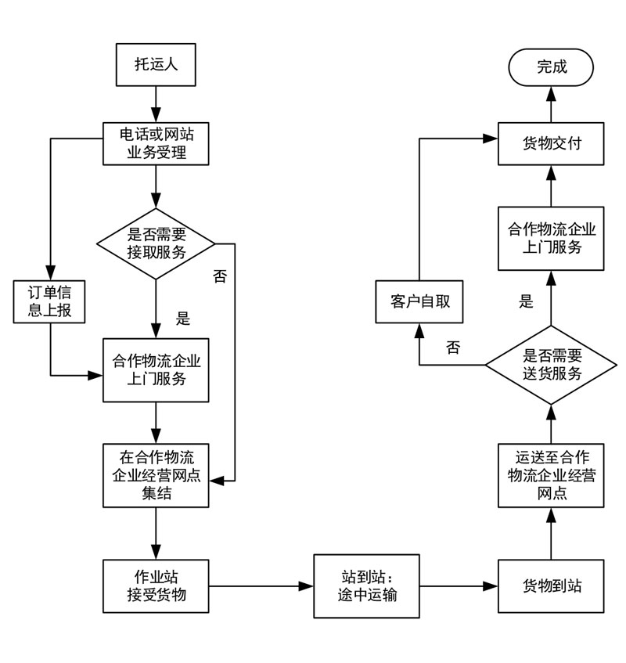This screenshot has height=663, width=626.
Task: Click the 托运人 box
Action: tap(156, 65)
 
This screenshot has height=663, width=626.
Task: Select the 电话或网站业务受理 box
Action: tap(156, 143)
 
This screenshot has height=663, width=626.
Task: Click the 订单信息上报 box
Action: tap(49, 302)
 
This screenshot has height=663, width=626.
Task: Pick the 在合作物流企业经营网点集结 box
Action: tap(156, 475)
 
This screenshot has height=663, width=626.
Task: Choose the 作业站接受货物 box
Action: tap(156, 586)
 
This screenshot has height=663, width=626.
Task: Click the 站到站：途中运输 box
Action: tap(366, 586)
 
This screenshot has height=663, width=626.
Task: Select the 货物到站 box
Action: tap(552, 586)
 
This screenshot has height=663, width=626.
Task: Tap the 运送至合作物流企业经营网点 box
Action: tap(552, 475)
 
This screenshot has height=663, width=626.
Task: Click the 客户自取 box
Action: tap(420, 302)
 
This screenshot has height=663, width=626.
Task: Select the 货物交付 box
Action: tap(552, 143)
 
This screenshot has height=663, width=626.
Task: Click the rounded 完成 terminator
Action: tap(552, 67)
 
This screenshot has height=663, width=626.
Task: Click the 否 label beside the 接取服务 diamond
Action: tap(220, 276)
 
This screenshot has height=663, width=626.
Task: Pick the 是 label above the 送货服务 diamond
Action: tap(526, 301)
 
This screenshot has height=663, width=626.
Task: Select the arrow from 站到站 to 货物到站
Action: tap(459, 586)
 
